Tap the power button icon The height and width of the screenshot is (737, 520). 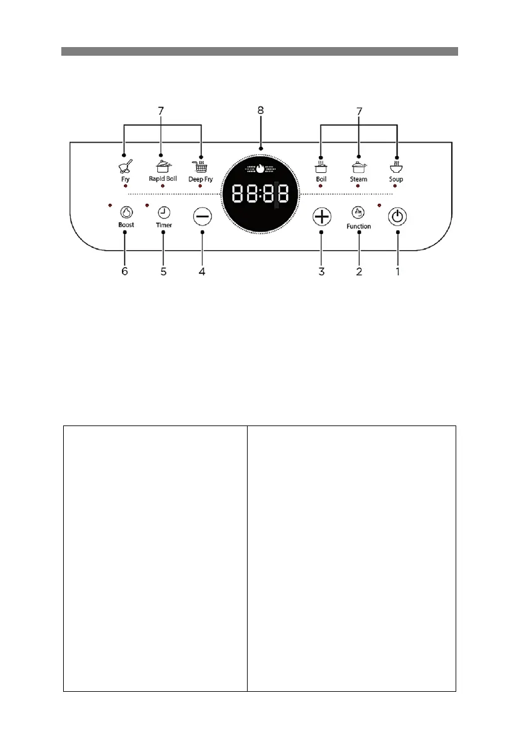[x=398, y=217]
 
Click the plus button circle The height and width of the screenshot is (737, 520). [x=321, y=217]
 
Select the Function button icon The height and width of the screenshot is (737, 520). [x=358, y=212]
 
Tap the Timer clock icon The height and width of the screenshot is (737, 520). [x=163, y=212]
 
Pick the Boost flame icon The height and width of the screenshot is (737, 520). [x=126, y=212]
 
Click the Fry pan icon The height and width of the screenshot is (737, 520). [x=125, y=166]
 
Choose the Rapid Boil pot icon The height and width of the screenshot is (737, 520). [x=162, y=166]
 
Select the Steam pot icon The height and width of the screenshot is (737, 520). [x=358, y=166]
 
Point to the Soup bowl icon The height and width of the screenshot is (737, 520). [x=396, y=166]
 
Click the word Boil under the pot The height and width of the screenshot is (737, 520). [x=321, y=179]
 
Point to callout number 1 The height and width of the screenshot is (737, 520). [x=398, y=271]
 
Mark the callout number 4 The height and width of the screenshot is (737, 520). [x=202, y=271]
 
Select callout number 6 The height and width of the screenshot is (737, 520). [x=124, y=271]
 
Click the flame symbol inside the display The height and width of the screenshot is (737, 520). [x=260, y=168]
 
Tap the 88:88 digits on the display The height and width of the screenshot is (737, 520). [x=260, y=194]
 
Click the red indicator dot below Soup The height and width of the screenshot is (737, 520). [x=396, y=186]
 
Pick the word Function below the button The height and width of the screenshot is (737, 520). [x=358, y=227]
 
